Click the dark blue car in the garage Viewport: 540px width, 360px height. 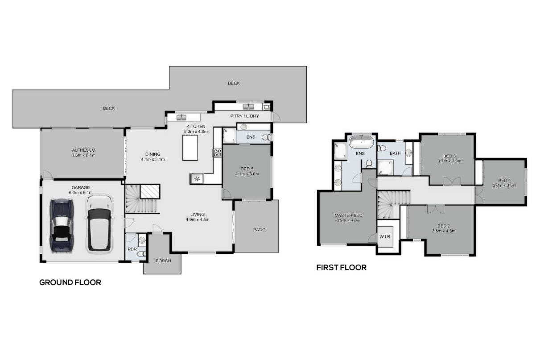pos(61,226)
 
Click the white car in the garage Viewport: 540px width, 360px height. pos(99,224)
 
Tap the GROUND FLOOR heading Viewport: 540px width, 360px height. pos(70,282)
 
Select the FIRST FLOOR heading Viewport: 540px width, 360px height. pos(342,267)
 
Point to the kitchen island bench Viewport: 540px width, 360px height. pos(190,148)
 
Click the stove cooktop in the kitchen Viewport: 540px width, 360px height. pos(217,153)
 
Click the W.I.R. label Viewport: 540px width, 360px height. pos(385,237)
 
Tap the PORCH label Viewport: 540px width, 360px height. pos(163,261)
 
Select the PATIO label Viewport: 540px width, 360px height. pos(260,230)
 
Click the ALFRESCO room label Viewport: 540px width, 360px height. pos(84,150)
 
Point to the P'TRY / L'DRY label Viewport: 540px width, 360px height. pos(244,116)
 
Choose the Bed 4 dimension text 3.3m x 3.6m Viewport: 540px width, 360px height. pos(504,186)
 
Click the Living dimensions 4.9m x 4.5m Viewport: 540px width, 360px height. pos(198,219)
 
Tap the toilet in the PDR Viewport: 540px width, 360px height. pos(142,254)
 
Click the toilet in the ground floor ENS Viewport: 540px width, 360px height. pos(266,137)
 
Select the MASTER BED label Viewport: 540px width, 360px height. pos(348,215)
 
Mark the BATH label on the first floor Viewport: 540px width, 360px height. pos(395,153)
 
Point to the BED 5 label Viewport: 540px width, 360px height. pos(247,169)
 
